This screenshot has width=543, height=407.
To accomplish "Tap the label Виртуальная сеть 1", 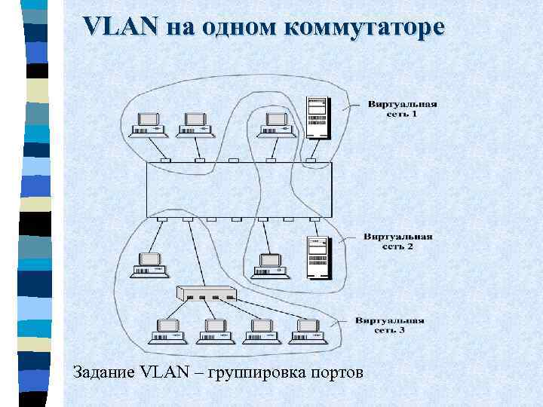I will coord(402,109).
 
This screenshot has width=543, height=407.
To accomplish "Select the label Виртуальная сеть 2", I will coord(397,241).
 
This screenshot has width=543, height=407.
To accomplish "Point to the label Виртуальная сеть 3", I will coord(390,325).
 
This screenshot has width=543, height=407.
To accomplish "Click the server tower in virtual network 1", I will coord(318,118).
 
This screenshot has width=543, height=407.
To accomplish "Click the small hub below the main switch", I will coord(206,295).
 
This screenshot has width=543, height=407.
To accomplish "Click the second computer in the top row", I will coord(195,125).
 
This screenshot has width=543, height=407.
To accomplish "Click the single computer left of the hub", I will coord(149,266).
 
